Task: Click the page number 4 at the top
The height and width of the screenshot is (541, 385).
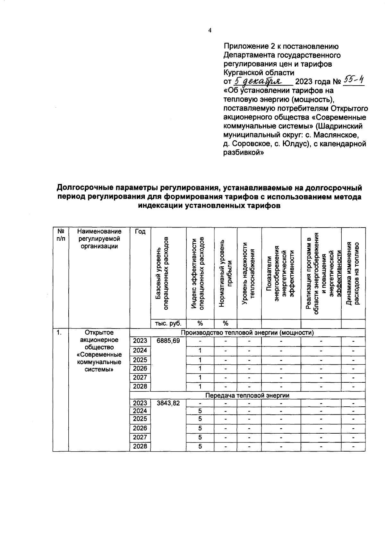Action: (210, 30)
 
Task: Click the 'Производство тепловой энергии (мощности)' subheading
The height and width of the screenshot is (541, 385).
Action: (247, 332)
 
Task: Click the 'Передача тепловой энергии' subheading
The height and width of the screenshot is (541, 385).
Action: (247, 395)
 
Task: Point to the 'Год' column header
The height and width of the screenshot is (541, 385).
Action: (140, 232)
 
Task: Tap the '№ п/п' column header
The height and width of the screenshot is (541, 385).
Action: (61, 235)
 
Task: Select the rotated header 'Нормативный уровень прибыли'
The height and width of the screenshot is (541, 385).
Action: (225, 274)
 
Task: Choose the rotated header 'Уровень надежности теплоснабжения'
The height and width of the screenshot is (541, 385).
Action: (249, 274)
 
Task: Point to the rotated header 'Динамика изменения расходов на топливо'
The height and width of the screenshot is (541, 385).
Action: (353, 274)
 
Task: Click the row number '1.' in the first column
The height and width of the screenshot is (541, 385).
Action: (59, 333)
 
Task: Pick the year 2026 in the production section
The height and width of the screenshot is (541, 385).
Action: (140, 369)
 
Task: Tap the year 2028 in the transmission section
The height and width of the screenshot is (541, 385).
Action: (140, 446)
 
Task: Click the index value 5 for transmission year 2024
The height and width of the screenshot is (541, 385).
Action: (200, 411)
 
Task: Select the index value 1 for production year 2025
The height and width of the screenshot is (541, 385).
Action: (200, 360)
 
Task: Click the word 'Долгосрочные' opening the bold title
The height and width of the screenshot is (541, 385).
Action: (84, 187)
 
